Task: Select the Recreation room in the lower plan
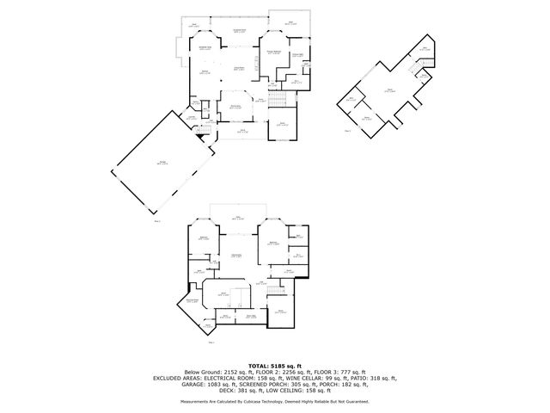(235, 257)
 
